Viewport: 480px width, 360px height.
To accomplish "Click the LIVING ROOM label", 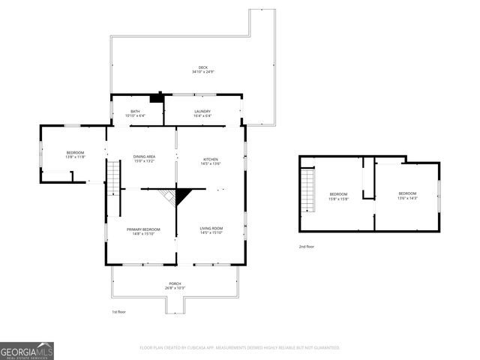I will click(x=211, y=230).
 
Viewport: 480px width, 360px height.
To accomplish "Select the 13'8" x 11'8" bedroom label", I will click(x=75, y=154).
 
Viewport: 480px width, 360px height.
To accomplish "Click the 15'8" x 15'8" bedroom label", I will click(x=340, y=196).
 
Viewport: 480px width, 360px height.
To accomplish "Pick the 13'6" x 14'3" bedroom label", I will click(x=407, y=196).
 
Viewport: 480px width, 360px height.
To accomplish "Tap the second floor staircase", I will click(x=307, y=190).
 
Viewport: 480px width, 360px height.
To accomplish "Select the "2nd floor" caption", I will click(x=307, y=246).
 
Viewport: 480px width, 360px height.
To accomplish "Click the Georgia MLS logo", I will click(x=27, y=350).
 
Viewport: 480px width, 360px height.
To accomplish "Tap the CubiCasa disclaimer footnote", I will click(x=240, y=347).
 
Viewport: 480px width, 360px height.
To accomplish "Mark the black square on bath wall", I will click(x=156, y=97).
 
